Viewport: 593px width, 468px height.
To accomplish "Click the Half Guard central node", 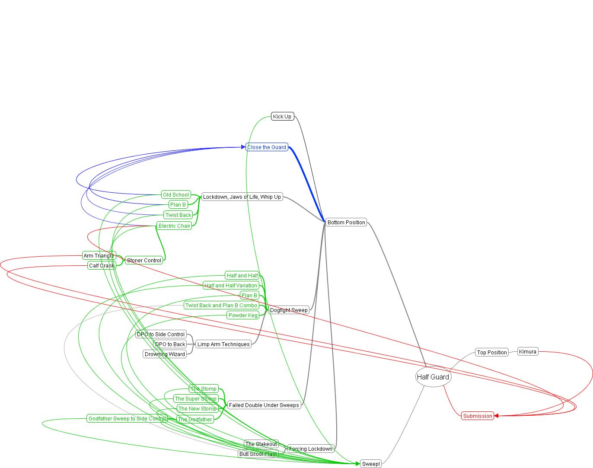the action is point(433,377).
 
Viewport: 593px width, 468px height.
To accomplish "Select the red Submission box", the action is point(478,416).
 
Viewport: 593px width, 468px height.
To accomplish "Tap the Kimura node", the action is point(527,351).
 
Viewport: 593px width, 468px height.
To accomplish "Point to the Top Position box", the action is point(491,352).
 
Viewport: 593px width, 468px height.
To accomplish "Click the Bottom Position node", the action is point(346,222).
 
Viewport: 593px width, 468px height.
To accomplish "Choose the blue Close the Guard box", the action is point(267,147).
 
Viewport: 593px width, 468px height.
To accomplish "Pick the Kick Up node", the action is point(282,116).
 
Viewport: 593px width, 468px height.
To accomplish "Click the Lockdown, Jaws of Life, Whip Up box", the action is point(242,197).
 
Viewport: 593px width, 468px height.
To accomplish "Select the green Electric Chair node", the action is point(174,226).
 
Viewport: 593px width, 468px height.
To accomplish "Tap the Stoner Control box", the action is point(144,260).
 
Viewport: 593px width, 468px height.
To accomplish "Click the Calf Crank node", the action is point(102,265).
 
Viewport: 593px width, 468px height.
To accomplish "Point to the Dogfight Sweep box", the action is point(289,310).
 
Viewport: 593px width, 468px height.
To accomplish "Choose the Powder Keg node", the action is point(243,315).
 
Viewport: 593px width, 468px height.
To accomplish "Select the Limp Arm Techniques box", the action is point(223,344).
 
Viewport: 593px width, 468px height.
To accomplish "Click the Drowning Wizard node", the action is point(165,354).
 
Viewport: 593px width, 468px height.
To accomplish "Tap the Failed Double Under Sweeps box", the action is point(264,405).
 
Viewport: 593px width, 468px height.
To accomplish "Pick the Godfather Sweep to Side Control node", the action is point(127,418).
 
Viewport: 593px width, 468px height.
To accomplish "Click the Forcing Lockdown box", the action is point(311,449).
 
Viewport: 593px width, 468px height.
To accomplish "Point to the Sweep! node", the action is point(371,464).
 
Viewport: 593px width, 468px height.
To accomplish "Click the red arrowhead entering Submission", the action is point(497,416).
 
